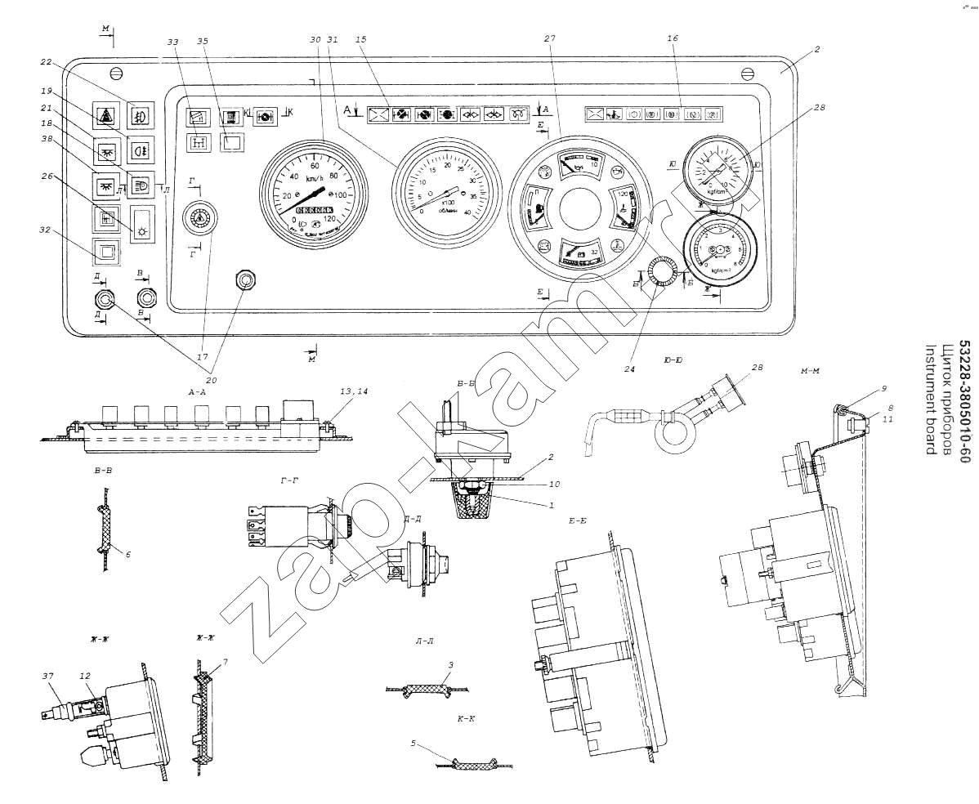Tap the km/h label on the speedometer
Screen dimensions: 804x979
[x=315, y=177]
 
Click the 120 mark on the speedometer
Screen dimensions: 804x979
[x=331, y=219]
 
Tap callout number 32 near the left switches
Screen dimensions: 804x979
[x=46, y=230]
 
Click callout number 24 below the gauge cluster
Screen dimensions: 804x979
[x=629, y=368]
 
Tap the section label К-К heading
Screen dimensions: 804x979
[x=467, y=719]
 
